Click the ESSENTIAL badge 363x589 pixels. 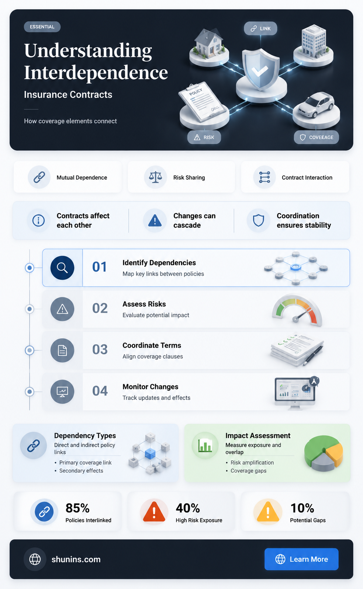click(42, 27)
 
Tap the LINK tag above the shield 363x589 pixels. click(260, 28)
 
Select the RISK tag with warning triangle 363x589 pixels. click(204, 137)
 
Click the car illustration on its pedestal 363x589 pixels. click(316, 105)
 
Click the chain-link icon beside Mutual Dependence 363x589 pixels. click(39, 177)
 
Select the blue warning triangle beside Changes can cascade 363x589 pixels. click(155, 220)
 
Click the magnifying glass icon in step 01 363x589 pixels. click(62, 268)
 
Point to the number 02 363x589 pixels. click(100, 308)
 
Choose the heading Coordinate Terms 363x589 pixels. click(152, 345)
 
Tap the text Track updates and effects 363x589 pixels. click(156, 398)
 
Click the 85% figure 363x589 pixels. click(78, 508)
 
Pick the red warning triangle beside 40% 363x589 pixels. click(154, 512)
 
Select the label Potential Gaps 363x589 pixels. click(308, 520)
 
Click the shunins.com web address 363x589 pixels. click(76, 559)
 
